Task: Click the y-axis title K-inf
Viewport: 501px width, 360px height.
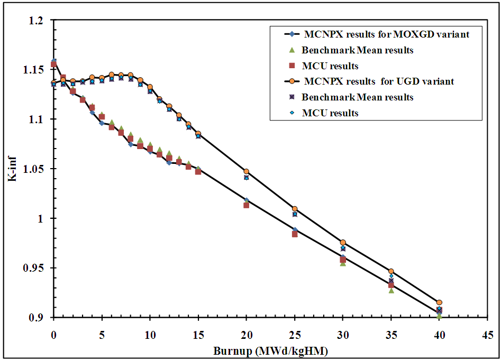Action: coord(12,169)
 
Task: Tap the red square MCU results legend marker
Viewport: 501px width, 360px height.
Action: coord(290,66)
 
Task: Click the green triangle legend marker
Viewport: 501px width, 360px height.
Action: coord(290,51)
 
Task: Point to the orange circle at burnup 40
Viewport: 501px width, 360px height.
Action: coord(439,302)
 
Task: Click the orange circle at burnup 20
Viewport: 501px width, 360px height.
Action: coord(246,171)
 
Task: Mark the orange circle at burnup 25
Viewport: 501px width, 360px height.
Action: coord(295,209)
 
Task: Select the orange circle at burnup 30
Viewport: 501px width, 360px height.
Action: coord(343,242)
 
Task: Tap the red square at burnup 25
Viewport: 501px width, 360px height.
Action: coord(295,234)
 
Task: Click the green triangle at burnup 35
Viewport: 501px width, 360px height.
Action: coord(391,290)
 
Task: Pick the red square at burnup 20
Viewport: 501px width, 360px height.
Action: coord(247,205)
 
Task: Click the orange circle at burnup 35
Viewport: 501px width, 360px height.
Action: coord(391,271)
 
